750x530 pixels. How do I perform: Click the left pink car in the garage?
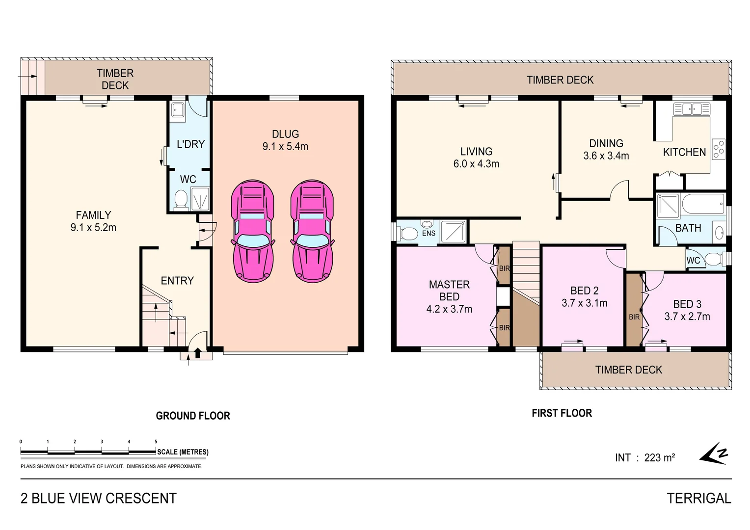click(x=252, y=231)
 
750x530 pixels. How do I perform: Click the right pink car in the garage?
click(x=312, y=231)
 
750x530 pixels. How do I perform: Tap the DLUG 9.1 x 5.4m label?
click(x=285, y=140)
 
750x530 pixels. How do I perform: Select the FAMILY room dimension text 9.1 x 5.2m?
click(x=93, y=228)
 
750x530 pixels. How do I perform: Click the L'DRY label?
click(x=190, y=144)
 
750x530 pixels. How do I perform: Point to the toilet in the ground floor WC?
click(x=181, y=199)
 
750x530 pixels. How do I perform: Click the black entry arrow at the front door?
click(x=198, y=353)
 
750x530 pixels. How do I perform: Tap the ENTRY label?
click(x=177, y=281)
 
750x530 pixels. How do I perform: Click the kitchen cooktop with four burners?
click(x=718, y=149)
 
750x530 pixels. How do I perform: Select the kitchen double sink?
click(x=692, y=109)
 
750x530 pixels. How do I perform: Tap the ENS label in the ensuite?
click(x=429, y=234)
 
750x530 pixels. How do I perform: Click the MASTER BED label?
click(x=449, y=291)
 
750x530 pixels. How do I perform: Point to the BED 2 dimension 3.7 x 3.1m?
click(x=584, y=303)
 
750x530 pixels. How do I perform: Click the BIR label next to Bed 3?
click(x=634, y=317)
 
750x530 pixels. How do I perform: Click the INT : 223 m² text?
click(x=644, y=458)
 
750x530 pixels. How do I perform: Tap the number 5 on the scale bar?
click(x=156, y=442)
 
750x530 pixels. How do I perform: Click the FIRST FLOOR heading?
click(x=562, y=413)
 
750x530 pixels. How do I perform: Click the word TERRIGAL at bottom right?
click(x=698, y=499)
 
